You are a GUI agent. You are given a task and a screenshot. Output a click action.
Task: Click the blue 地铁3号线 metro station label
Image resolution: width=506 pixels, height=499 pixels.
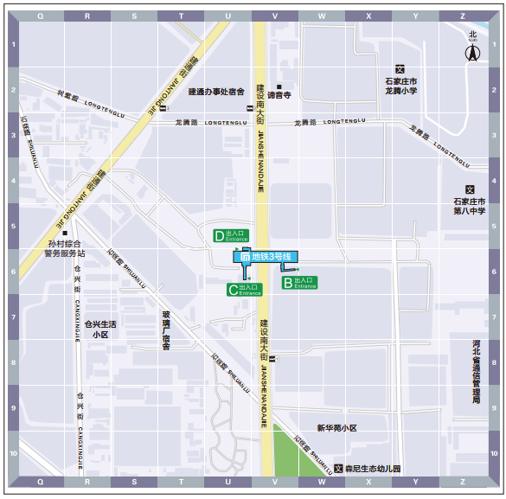266,257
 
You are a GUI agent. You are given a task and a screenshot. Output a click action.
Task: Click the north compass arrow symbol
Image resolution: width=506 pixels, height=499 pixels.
472,52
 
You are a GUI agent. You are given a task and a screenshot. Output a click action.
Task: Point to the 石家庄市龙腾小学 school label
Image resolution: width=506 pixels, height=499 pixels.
400,86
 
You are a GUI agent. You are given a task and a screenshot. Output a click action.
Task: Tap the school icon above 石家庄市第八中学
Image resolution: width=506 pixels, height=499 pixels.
471,190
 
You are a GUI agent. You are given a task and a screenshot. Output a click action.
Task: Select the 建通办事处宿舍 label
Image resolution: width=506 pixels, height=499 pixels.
217,91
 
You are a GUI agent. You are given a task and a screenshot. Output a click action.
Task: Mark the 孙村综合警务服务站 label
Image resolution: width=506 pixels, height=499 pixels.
65,249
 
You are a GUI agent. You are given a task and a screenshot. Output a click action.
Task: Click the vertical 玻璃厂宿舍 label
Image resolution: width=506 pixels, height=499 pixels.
166,330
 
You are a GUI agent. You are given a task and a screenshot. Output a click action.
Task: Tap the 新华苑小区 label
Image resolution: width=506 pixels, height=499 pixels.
336,428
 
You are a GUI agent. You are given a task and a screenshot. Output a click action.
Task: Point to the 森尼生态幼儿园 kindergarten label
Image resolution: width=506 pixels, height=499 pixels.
373,469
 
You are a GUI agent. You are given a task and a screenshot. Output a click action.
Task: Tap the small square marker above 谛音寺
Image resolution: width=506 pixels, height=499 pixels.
279,86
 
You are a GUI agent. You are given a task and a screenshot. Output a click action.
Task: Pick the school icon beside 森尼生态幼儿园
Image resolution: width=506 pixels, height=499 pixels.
337,469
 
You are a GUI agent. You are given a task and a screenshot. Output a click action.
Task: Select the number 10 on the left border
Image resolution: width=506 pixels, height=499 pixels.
13,453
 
